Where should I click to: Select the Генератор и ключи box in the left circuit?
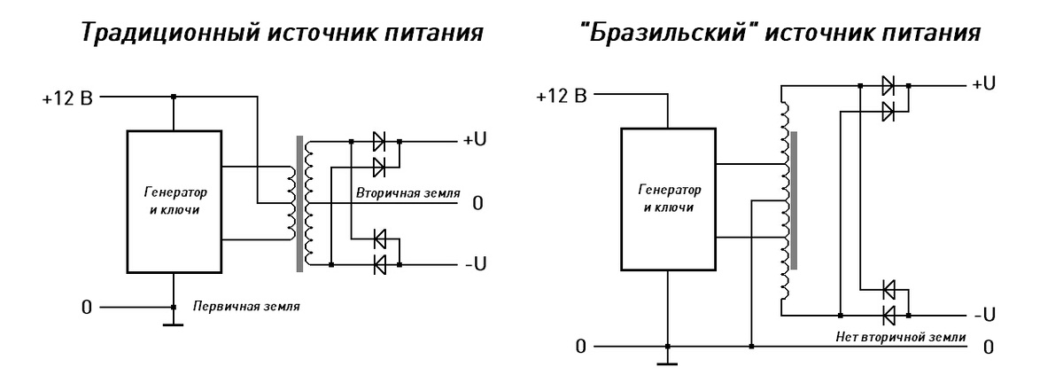point(174,201)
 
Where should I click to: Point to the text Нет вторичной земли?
point(900,337)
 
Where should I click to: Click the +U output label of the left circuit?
point(474,141)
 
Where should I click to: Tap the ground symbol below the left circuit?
point(173,324)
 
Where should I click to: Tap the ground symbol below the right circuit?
point(669,361)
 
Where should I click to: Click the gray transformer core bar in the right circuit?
point(795,199)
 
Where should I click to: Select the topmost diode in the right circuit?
point(889,86)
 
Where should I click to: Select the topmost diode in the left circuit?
point(380,141)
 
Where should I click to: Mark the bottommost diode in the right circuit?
point(889,314)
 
